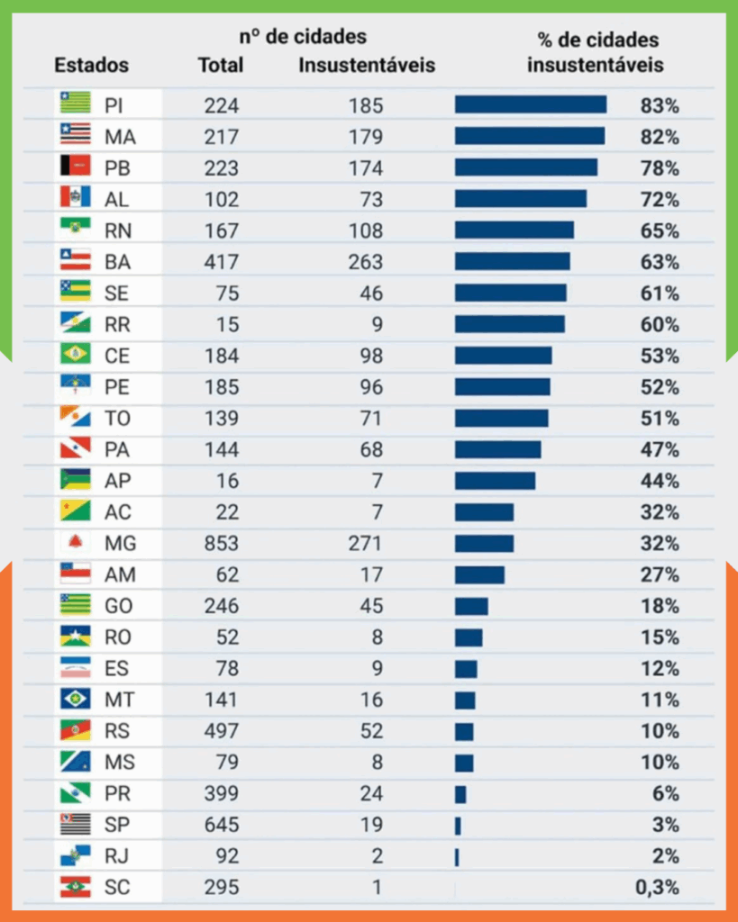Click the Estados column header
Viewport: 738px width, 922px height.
pyautogui.click(x=91, y=66)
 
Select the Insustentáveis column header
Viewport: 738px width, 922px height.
pyautogui.click(x=366, y=66)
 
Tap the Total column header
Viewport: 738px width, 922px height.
pyautogui.click(x=220, y=66)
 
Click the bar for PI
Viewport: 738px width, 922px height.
pyautogui.click(x=530, y=105)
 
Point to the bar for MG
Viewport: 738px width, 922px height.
pyautogui.click(x=484, y=544)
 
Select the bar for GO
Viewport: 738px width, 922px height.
pyautogui.click(x=471, y=606)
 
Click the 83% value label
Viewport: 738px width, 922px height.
pyautogui.click(x=660, y=105)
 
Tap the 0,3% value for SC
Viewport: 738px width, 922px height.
pyautogui.click(x=657, y=888)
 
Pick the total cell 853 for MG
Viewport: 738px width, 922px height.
pyautogui.click(x=221, y=544)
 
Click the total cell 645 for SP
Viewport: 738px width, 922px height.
pyautogui.click(x=221, y=825)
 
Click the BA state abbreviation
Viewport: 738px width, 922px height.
pyautogui.click(x=117, y=262)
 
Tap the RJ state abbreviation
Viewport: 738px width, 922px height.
pyautogui.click(x=117, y=856)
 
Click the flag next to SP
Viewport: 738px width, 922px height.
pyautogui.click(x=76, y=825)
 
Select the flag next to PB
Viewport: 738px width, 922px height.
pyautogui.click(x=76, y=167)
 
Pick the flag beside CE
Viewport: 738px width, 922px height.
pyautogui.click(x=76, y=356)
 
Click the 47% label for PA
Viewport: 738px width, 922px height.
pyautogui.click(x=660, y=449)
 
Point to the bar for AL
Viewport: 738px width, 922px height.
pyautogui.click(x=520, y=199)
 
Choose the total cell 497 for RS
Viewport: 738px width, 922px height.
pyautogui.click(x=221, y=731)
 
